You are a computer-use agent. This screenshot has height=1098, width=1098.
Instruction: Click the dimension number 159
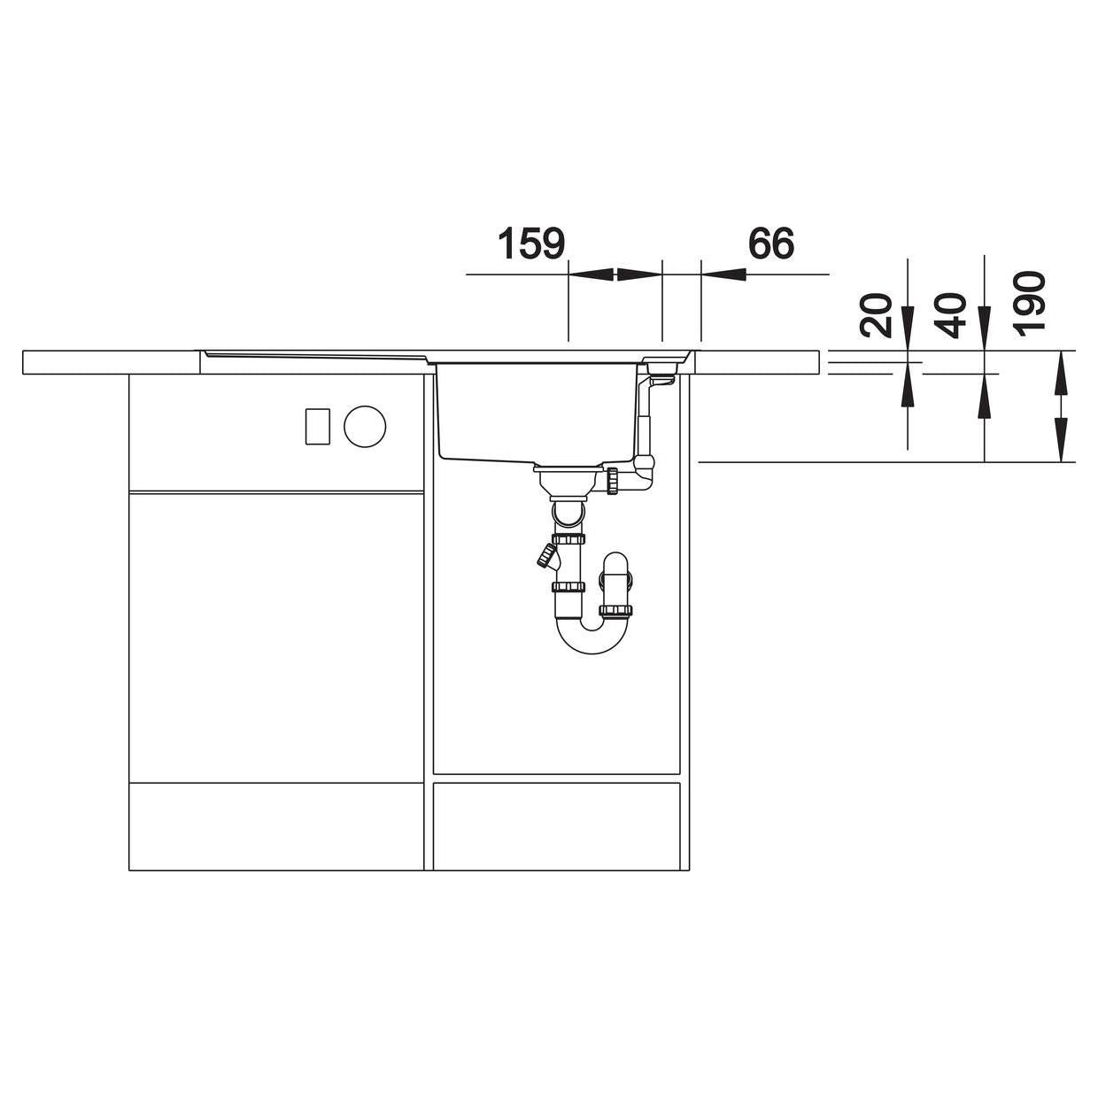[531, 244]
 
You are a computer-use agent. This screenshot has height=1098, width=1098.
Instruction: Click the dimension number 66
[770, 244]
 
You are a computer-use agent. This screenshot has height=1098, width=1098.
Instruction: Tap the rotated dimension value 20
[875, 315]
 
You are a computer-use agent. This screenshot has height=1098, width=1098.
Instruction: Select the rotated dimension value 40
[950, 315]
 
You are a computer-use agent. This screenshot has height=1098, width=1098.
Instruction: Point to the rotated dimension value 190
[1028, 302]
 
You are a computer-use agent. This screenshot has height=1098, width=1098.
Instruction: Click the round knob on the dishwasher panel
[365, 426]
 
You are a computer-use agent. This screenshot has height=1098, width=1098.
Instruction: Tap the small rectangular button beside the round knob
[318, 426]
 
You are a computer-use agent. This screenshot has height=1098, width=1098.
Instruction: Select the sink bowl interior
[536, 414]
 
